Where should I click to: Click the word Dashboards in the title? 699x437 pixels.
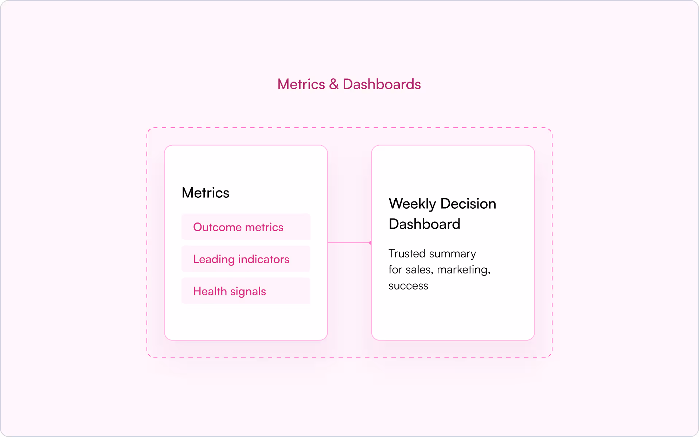coord(382,84)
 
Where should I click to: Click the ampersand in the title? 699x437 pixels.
coord(333,84)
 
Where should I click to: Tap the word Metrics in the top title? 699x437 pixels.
coord(301,84)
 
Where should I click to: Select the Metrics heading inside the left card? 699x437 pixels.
coord(206,193)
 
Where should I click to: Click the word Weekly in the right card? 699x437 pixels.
coord(412,204)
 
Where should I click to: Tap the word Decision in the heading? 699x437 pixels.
coord(468,204)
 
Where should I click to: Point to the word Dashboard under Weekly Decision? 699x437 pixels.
coord(425,224)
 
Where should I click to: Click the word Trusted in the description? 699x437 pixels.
coord(407,253)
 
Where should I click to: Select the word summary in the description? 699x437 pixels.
coord(453,254)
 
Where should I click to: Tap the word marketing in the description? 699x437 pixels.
coord(463,270)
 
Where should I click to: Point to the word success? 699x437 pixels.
coord(408,286)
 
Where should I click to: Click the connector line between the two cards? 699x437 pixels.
coord(349,243)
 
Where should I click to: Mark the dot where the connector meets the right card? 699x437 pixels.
coord(370,243)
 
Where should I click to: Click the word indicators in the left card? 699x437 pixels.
coord(263,259)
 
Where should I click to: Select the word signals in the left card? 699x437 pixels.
coord(248,292)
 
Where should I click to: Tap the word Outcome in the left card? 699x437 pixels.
coord(217,227)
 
